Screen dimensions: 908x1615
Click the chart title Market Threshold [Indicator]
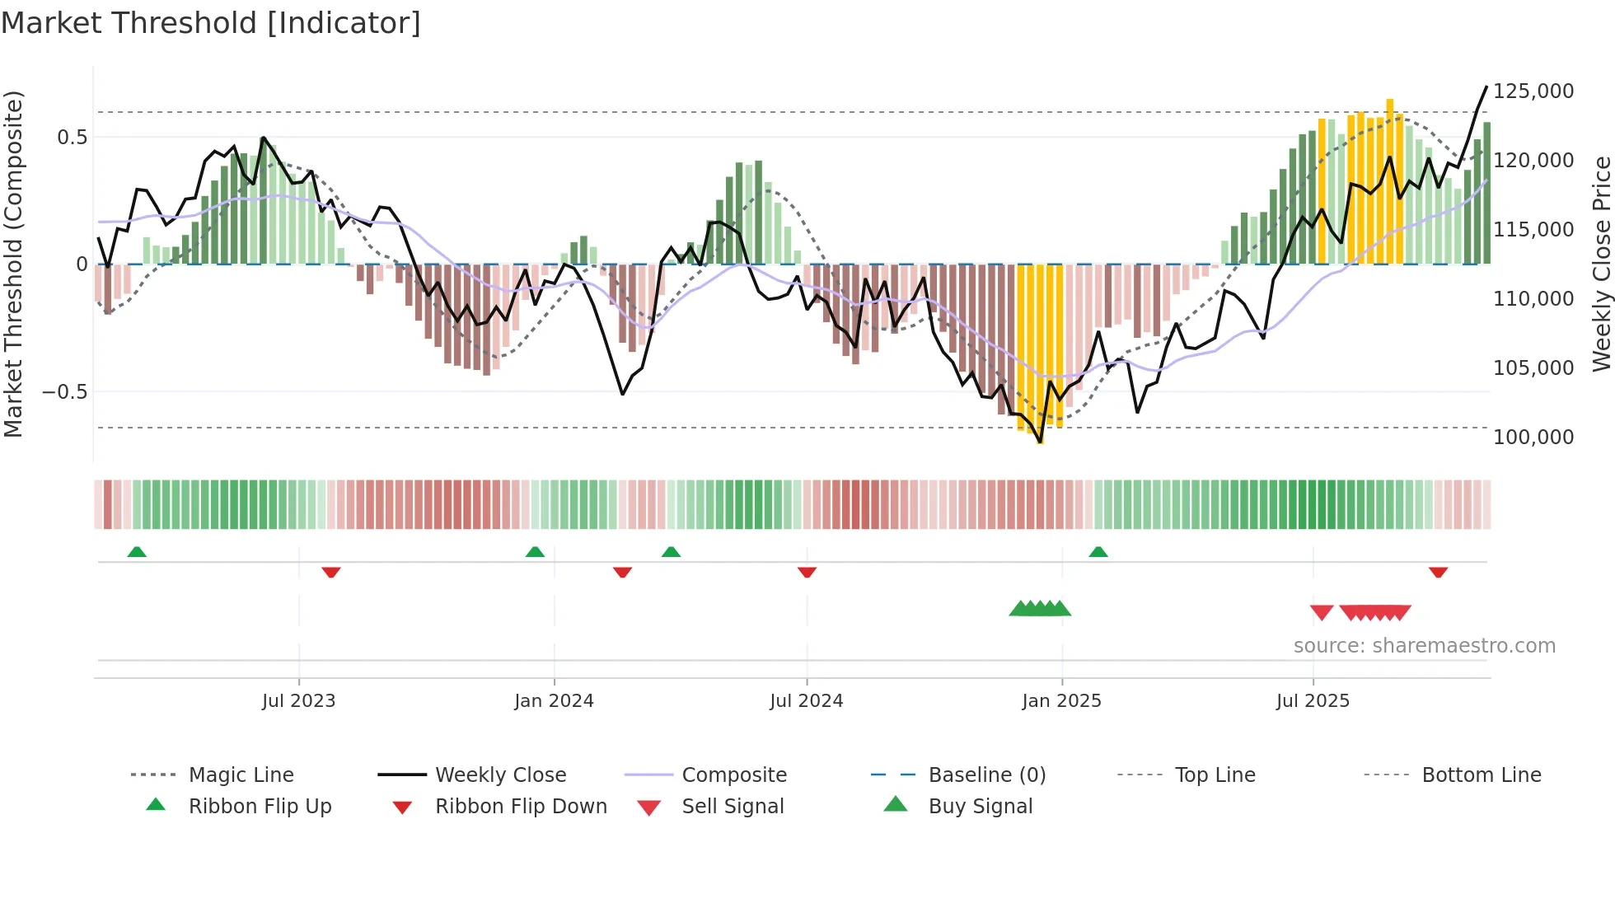[x=211, y=23]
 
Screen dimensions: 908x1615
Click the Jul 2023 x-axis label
[x=298, y=700]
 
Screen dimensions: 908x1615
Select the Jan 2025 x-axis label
[x=1061, y=700]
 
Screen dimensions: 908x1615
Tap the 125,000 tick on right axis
[x=1533, y=91]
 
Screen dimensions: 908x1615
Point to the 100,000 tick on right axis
[x=1533, y=437]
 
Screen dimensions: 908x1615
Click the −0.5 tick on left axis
[x=64, y=391]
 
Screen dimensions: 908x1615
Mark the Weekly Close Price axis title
[x=1601, y=264]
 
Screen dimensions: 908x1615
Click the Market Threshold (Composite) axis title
[x=13, y=264]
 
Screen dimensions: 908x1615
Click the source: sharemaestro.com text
[x=1424, y=645]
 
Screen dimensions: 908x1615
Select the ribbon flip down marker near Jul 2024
[x=807, y=572]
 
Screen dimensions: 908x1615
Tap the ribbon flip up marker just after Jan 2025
[x=1098, y=552]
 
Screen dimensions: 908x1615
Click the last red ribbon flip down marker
[x=1438, y=572]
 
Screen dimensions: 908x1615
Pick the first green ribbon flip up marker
[x=137, y=552]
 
